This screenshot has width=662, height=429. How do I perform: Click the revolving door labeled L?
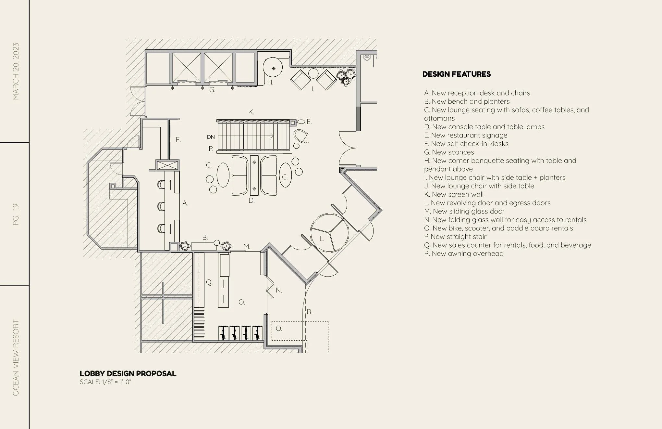pyautogui.click(x=329, y=233)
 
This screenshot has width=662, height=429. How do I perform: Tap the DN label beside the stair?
pyautogui.click(x=211, y=137)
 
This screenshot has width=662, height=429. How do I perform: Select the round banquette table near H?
pyautogui.click(x=273, y=68)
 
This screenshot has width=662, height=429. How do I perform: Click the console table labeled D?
pyautogui.click(x=254, y=175)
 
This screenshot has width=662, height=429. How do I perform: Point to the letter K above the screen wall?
pyautogui.click(x=251, y=112)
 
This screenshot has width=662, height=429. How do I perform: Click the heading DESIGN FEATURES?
pyautogui.click(x=456, y=74)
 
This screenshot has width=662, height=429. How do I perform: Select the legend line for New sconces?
pyautogui.click(x=449, y=152)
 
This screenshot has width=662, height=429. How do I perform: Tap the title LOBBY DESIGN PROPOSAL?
pyautogui.click(x=128, y=374)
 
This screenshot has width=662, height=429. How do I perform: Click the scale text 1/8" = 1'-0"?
pyautogui.click(x=105, y=382)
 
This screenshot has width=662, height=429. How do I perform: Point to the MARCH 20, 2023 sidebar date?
pyautogui.click(x=16, y=71)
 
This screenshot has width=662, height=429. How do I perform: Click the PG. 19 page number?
pyautogui.click(x=16, y=214)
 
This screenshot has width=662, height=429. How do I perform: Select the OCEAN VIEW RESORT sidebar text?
pyautogui.click(x=16, y=357)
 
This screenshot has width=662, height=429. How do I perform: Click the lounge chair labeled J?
pyautogui.click(x=300, y=135)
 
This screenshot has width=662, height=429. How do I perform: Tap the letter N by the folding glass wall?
pyautogui.click(x=279, y=290)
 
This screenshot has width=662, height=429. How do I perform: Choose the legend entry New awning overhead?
pyautogui.click(x=464, y=253)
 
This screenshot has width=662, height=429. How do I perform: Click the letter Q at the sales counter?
pyautogui.click(x=209, y=282)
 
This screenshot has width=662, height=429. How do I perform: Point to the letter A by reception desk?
pyautogui.click(x=185, y=203)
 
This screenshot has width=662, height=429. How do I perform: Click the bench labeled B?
pyautogui.click(x=204, y=246)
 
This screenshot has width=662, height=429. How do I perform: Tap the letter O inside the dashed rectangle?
pyautogui.click(x=279, y=329)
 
